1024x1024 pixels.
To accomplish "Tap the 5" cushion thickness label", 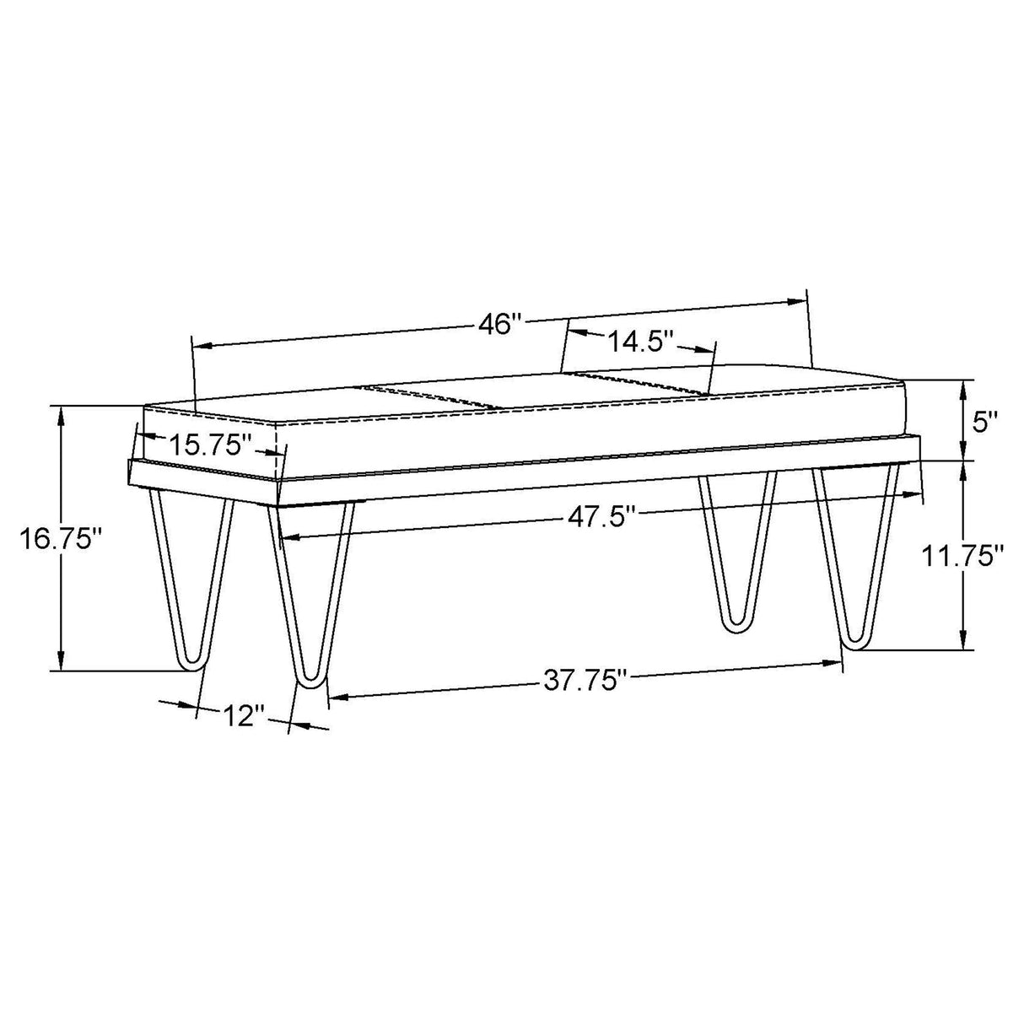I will tap(985, 421).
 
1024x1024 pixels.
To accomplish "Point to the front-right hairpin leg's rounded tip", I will tap(855, 645).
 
